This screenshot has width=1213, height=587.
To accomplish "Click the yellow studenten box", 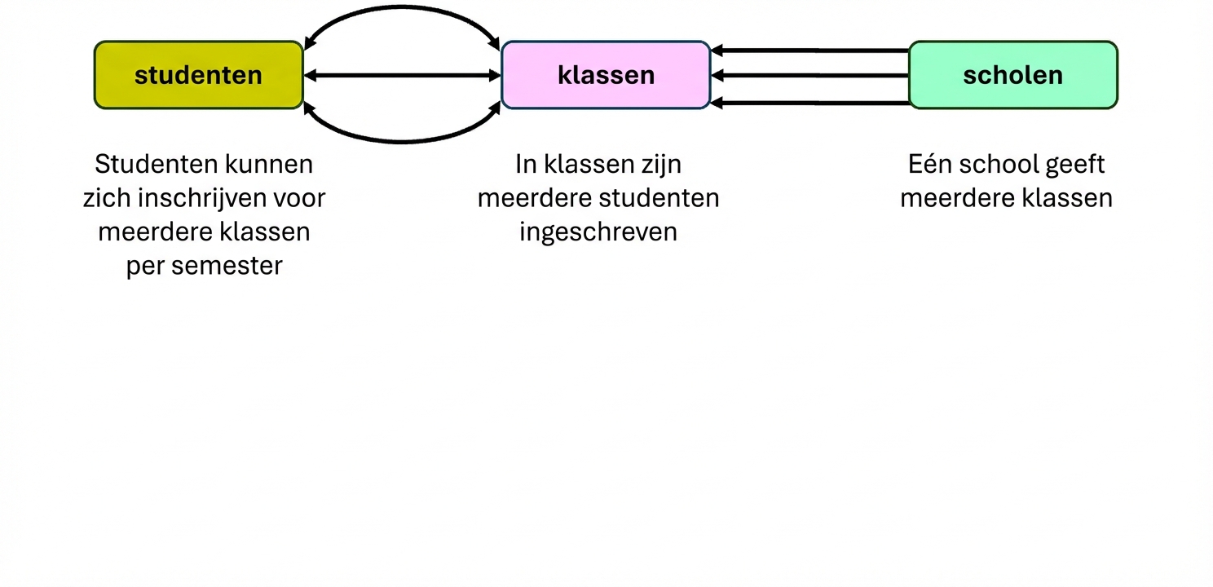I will point(198,75).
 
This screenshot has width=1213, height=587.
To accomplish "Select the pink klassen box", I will point(606,75).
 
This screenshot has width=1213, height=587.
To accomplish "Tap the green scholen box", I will point(1012,75).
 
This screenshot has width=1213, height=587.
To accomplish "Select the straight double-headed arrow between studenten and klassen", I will point(402,76).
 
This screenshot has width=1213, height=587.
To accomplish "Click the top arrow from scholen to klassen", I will point(809,51).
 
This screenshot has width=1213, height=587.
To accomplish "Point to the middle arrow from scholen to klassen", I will point(809,76).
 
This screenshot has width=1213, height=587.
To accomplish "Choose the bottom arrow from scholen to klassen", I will point(809,103).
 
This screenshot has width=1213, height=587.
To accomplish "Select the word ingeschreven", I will point(598,232).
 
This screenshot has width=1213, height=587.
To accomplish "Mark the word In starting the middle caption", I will point(526,164).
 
